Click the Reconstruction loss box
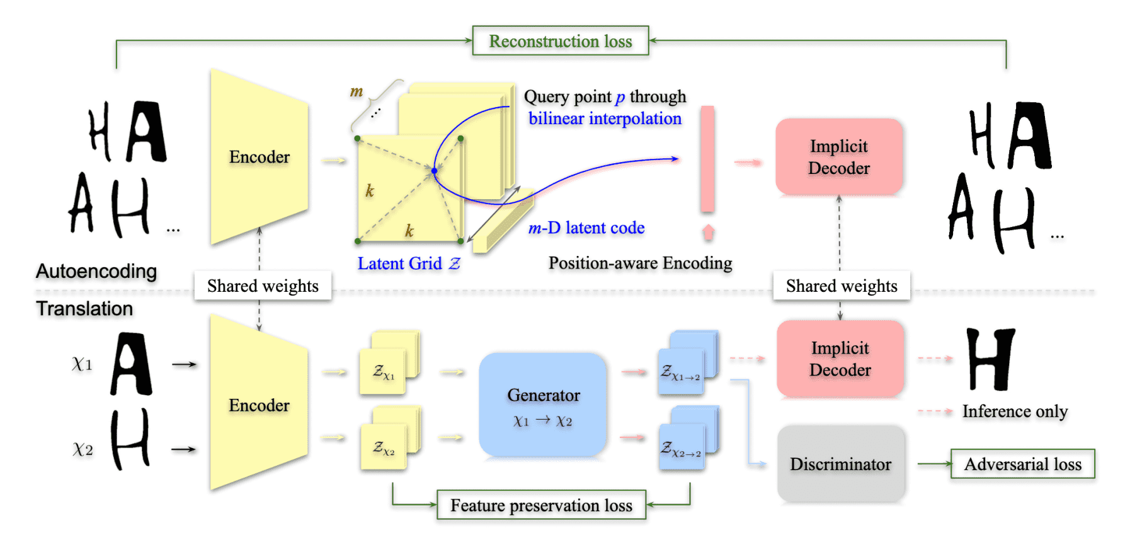pos(560,41)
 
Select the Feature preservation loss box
pos(541,505)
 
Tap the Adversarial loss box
pos(1022,465)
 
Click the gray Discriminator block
pos(840,465)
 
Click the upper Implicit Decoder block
pos(838,157)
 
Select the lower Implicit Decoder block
pos(840,359)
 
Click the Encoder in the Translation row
pos(259,404)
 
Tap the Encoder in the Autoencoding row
pos(259,157)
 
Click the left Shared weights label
pos(263,286)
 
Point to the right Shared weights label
pos(842,286)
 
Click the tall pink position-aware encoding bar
pos(707,159)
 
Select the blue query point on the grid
pos(434,170)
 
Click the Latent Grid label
pos(408,263)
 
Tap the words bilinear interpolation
pos(605,118)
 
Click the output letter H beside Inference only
pos(990,359)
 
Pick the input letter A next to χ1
pos(132,364)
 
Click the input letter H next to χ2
pos(130,439)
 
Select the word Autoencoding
pos(96,271)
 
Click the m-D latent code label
pos(586,228)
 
